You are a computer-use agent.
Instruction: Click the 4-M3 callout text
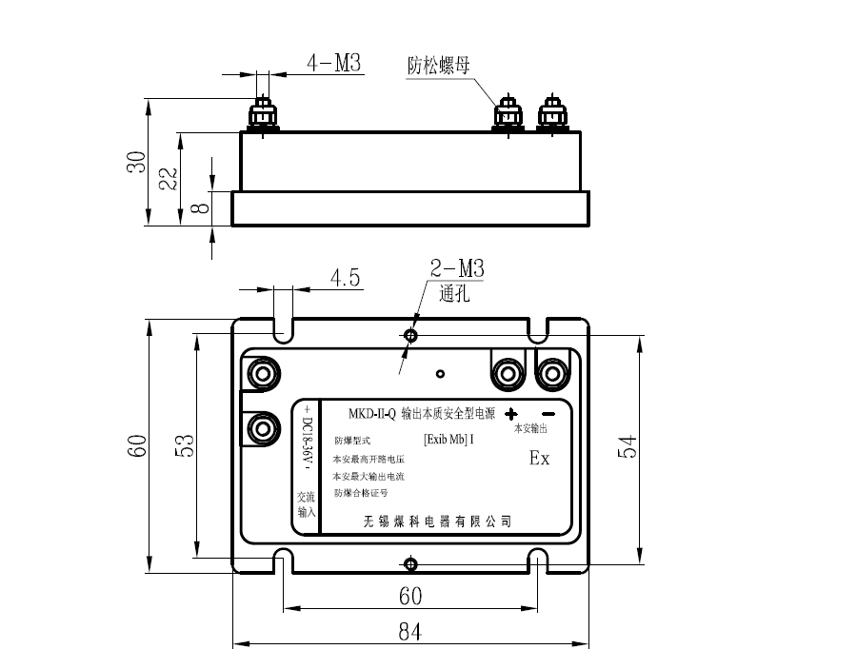(x=333, y=64)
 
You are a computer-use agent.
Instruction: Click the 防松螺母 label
(x=439, y=66)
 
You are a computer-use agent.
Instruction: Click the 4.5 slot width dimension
(x=345, y=278)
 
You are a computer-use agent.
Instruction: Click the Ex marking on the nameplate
(x=539, y=458)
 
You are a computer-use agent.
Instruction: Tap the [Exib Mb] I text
(x=448, y=440)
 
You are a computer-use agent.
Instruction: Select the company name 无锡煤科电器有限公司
(x=438, y=521)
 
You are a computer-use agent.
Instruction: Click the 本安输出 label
(x=530, y=429)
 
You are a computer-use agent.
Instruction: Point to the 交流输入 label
(x=306, y=504)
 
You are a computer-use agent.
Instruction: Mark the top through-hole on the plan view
(x=410, y=335)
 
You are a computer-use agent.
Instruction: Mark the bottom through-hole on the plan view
(x=410, y=564)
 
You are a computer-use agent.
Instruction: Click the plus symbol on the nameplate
(x=511, y=414)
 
